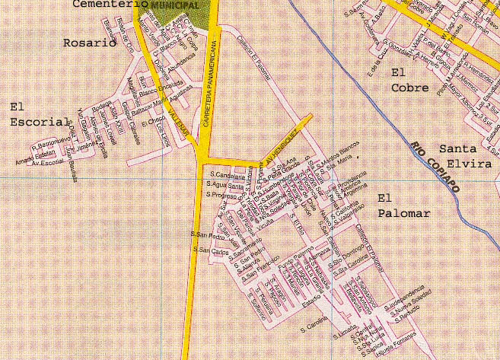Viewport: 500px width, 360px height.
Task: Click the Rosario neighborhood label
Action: coord(90,43)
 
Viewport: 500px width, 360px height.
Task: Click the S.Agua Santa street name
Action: coord(225,186)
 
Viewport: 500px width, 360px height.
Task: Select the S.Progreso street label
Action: coord(222,196)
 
